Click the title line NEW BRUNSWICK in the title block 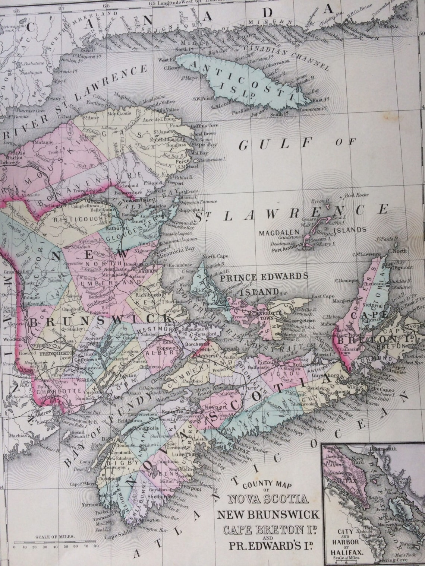(x=268, y=515)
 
